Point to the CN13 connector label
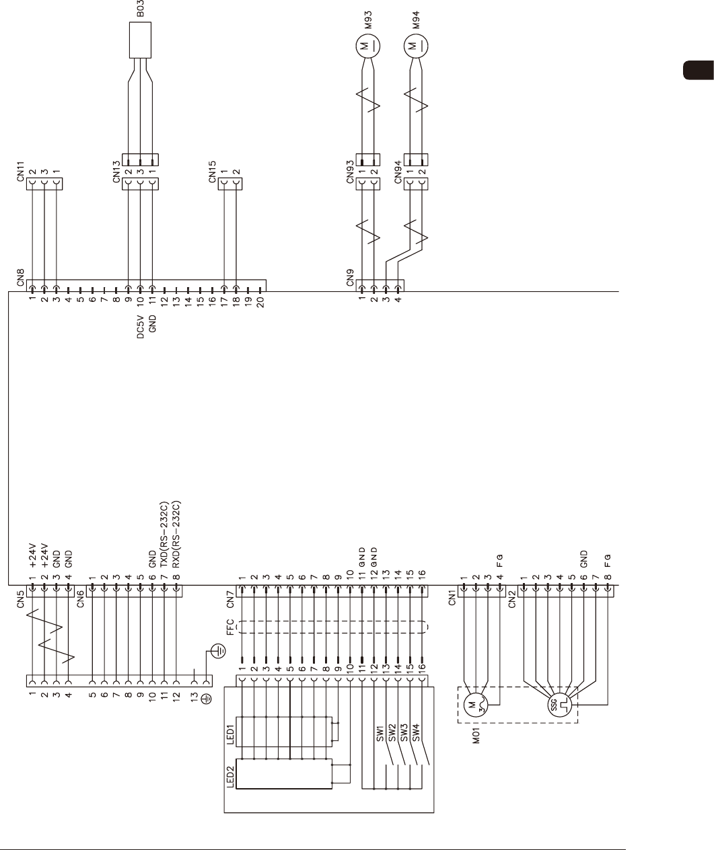[x=116, y=171]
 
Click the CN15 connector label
[x=212, y=171]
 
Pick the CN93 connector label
[x=350, y=171]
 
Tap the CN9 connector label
[x=350, y=277]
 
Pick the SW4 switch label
[x=416, y=732]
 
